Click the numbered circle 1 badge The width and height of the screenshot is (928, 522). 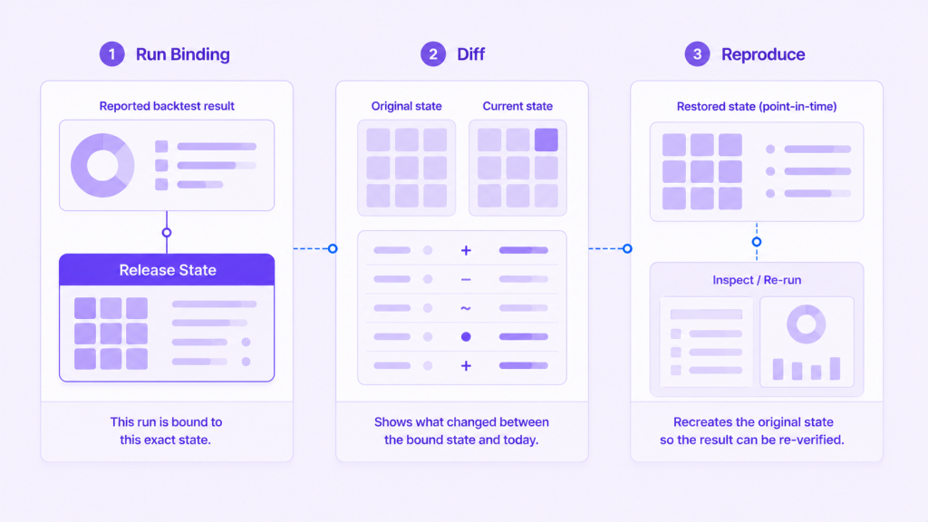(x=111, y=53)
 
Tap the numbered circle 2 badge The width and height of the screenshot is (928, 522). (x=433, y=53)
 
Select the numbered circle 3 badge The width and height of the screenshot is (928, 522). (x=697, y=53)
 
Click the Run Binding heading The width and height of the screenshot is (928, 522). (x=183, y=54)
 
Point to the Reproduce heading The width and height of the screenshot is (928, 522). (x=763, y=54)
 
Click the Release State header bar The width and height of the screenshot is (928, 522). (x=167, y=270)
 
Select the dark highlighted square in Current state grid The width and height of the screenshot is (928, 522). (x=546, y=140)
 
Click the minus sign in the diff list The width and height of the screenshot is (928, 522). (x=466, y=279)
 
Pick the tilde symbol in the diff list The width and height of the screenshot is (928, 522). (x=466, y=308)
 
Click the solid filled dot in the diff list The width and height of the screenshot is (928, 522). (x=466, y=337)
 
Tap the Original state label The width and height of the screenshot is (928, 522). (x=407, y=106)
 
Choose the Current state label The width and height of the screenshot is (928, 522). (x=517, y=106)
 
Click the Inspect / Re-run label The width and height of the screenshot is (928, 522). (x=757, y=280)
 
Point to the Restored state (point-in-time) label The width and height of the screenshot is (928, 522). (x=757, y=107)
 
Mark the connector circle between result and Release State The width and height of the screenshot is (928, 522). (x=167, y=233)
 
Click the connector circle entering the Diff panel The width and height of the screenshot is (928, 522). (x=333, y=248)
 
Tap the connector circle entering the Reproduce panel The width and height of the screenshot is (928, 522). (x=627, y=248)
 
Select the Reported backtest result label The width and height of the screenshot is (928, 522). (x=167, y=106)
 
